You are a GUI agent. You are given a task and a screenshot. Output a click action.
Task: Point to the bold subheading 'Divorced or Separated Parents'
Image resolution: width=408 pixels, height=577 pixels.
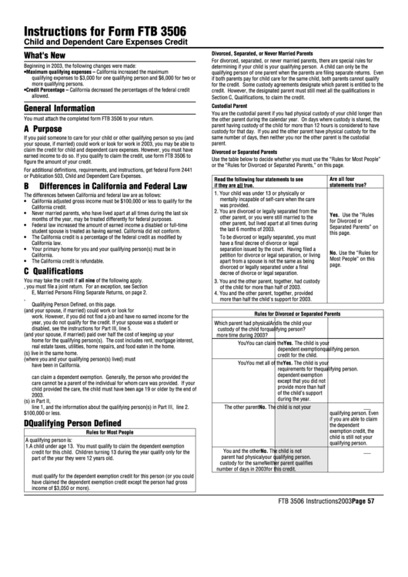(245, 152)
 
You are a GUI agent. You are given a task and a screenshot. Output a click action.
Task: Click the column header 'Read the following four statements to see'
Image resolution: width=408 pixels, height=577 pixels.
(259, 179)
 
